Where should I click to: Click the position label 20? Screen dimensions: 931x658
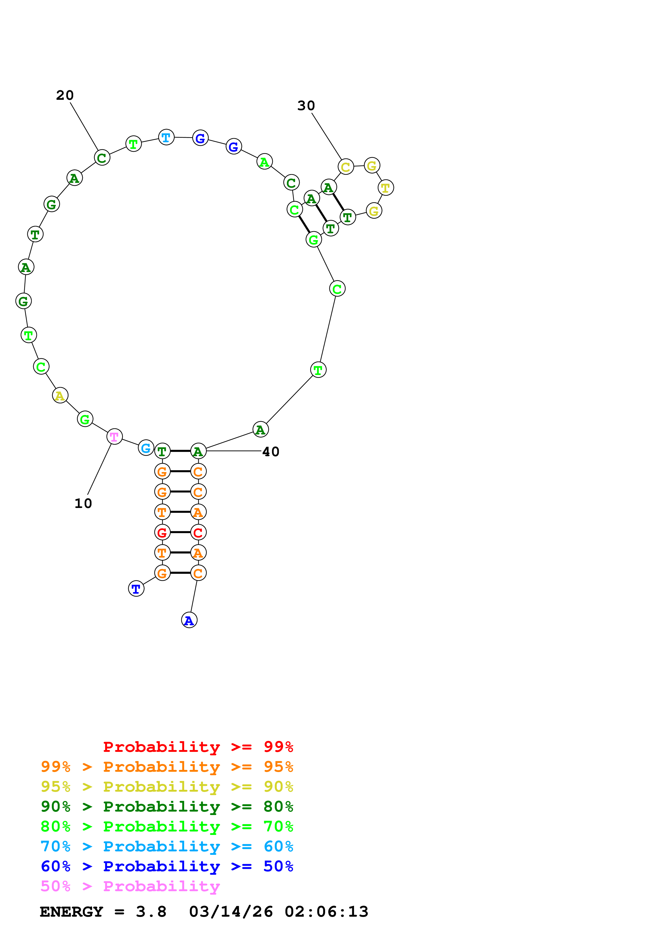coord(65,95)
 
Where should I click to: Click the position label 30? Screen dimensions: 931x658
coord(306,106)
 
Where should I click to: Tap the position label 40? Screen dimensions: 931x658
coord(271,452)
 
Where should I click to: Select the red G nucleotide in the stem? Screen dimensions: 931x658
coord(162,532)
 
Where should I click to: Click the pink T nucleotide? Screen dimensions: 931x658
coord(114,437)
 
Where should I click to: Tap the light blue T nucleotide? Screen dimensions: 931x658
coord(166,137)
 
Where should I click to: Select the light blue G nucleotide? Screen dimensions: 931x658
coord(146,448)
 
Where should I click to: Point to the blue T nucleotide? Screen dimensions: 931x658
coord(136,588)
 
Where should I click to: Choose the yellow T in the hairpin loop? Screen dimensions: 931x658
coord(386,188)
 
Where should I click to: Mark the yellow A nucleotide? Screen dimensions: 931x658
coord(60,395)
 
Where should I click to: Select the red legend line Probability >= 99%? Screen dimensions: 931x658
coord(198,747)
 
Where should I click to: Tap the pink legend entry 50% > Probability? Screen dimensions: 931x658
coord(130,886)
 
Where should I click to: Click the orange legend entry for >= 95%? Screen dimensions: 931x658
coord(167,767)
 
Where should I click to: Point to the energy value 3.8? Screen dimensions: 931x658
coord(151,912)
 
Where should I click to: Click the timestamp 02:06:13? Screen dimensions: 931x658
coord(326,912)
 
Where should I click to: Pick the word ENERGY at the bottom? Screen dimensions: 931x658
coord(71,912)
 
